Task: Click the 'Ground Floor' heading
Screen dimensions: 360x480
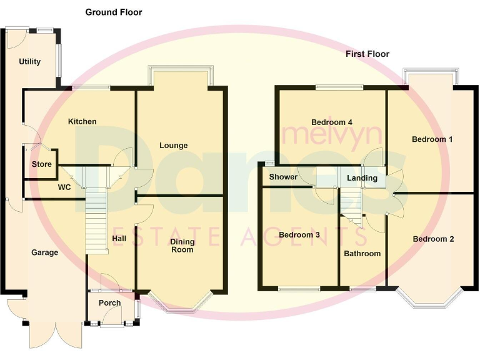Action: coord(113,12)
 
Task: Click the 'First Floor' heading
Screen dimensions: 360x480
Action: coord(367,54)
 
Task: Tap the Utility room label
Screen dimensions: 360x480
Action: coord(29,62)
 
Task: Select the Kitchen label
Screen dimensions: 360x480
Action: coord(82,121)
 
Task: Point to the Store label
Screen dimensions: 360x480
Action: coord(42,165)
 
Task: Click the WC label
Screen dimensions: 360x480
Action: coord(64,187)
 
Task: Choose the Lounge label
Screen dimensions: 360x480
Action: coord(173,146)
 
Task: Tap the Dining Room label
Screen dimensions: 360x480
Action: coord(182,246)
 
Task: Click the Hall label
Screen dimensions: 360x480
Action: coord(119,238)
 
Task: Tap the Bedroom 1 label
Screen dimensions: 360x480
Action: coord(432,139)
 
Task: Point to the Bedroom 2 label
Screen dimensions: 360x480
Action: coord(433,239)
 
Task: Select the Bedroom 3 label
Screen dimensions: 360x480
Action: coord(299,235)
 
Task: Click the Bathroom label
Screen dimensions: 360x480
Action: coord(362,254)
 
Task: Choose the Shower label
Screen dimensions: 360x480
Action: coord(283,177)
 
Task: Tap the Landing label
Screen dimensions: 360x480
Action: coord(362,178)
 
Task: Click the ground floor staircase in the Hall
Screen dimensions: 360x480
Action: coord(97,219)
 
